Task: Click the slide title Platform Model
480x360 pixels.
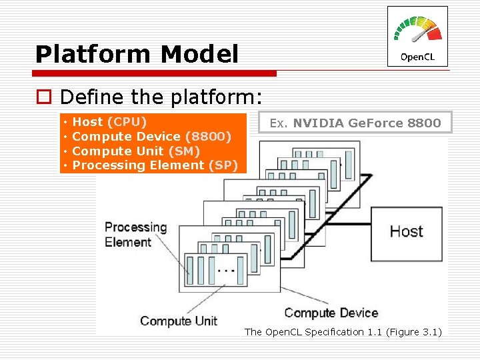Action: pos(137,54)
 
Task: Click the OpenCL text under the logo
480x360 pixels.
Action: pos(417,57)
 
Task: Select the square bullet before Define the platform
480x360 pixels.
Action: pos(43,98)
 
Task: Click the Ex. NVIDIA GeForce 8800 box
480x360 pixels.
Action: pos(355,123)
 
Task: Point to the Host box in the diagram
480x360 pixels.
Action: pos(406,231)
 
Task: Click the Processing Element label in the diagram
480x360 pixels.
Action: pos(135,234)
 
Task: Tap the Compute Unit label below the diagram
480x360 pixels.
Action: pos(179,321)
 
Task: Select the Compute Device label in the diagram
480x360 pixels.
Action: pos(331,313)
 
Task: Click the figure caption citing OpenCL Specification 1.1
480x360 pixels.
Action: pos(343,332)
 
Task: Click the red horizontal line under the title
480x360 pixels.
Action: pos(156,73)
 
